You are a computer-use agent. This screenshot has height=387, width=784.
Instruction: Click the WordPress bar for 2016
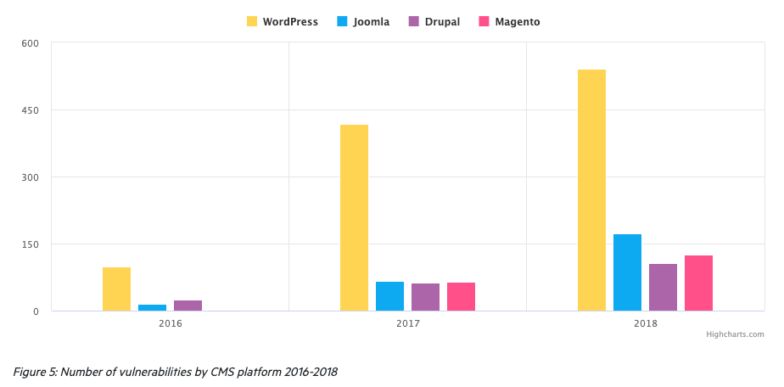pos(116,289)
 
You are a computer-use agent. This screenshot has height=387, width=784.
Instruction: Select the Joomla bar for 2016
pos(152,308)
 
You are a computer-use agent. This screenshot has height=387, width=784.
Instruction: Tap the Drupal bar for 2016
pos(188,306)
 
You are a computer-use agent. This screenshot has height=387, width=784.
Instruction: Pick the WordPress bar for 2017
pos(354,218)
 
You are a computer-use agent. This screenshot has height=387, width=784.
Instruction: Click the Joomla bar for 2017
pos(389,296)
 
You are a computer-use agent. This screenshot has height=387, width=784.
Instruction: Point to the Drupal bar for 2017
pos(425,297)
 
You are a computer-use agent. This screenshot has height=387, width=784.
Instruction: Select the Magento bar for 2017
pos(461,297)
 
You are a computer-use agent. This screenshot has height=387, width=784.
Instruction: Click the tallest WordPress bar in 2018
pos(591,190)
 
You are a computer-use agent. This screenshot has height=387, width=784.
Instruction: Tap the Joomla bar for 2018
pos(627,272)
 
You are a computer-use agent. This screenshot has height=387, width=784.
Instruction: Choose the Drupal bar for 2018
pos(663,288)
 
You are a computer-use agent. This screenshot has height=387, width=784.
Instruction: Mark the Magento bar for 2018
pos(698,283)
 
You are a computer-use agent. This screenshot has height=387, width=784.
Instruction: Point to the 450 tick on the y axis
pos(30,110)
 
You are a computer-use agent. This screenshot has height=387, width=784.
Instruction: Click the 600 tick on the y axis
pos(30,43)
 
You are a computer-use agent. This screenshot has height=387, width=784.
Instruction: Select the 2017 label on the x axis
pos(407,323)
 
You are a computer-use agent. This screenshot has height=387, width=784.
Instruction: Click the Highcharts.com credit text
pos(735,334)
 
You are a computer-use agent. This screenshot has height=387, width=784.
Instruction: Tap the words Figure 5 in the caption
pos(36,372)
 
